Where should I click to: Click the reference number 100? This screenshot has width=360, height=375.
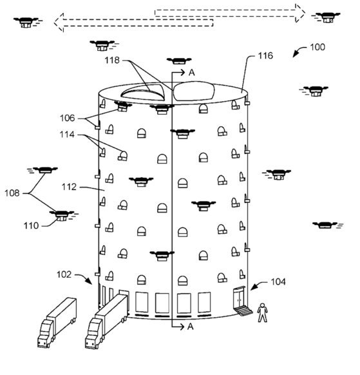[x=317, y=47]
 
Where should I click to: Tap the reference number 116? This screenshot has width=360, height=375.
[x=265, y=55]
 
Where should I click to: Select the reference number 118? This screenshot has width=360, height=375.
[x=112, y=61]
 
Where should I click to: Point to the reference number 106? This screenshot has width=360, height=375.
[x=68, y=118]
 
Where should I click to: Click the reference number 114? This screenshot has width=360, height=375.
[x=67, y=135]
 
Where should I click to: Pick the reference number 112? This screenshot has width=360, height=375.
[x=69, y=187]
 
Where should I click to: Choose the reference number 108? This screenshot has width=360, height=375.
[x=12, y=193]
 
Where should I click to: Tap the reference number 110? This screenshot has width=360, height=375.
[x=31, y=226]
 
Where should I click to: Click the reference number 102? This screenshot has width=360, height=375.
[x=64, y=274]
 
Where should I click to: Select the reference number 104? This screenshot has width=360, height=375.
[x=278, y=282]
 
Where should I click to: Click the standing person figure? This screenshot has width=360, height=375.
[x=262, y=312]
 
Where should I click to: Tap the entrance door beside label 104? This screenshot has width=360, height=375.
[x=240, y=298]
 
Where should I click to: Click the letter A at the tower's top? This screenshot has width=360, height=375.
[x=192, y=72]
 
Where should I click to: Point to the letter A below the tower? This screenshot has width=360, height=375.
[x=190, y=327]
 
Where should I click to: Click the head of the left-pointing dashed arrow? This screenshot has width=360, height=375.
[x=59, y=23]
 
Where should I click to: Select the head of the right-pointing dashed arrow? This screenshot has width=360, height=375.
[x=300, y=13]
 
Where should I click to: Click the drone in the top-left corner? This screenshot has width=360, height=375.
[x=27, y=23]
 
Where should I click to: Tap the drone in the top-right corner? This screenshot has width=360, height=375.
[x=326, y=17]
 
